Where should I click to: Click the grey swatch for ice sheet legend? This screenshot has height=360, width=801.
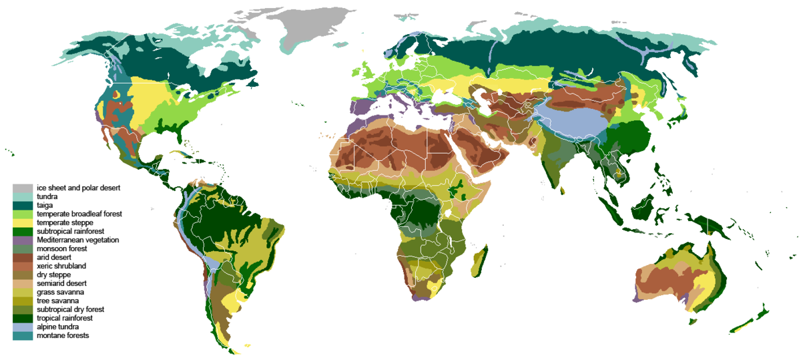coord(23,188)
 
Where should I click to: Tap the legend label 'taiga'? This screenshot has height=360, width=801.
coord(46,206)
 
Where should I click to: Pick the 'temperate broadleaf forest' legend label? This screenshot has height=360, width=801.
coord(74,214)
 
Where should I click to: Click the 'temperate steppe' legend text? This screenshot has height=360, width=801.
coord(65,222)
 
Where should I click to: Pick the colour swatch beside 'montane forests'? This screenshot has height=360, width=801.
coord(23,335)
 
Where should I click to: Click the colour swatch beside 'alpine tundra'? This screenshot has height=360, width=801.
coord(23,327)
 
